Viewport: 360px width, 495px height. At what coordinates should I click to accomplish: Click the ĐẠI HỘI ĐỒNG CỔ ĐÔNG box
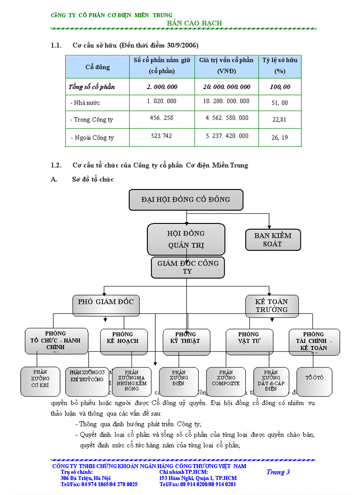(186, 200)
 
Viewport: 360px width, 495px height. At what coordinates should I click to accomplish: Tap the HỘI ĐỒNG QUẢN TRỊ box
(186, 239)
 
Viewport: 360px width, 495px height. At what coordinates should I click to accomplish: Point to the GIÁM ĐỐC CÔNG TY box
(188, 267)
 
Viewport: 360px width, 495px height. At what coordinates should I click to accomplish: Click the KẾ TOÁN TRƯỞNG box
(272, 305)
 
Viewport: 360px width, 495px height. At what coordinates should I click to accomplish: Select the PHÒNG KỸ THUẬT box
(185, 341)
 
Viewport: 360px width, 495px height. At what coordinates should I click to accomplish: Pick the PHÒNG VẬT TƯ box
(249, 341)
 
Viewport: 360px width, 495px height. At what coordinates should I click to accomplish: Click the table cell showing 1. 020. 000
(161, 101)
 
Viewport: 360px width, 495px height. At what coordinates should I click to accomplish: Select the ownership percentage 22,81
(280, 119)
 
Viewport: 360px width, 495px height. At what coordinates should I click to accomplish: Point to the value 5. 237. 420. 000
(227, 136)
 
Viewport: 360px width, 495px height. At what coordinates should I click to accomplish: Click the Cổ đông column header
(97, 67)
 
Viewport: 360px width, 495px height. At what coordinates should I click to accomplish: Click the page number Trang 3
(278, 472)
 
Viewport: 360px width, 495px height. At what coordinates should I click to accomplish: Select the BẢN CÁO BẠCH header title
(195, 23)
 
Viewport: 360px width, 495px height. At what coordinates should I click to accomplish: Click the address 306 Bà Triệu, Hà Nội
(86, 478)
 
